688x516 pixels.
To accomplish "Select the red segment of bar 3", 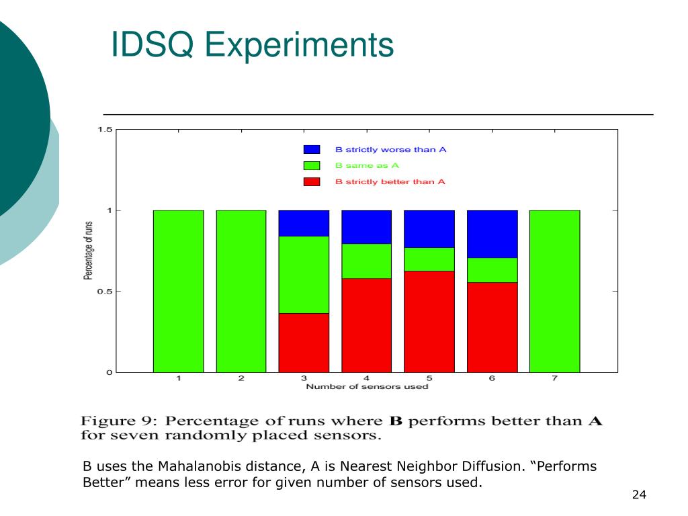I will click(304, 342).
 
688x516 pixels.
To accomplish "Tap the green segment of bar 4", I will click(366, 261).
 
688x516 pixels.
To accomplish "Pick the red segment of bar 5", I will click(429, 321).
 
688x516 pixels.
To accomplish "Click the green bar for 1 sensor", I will click(178, 291).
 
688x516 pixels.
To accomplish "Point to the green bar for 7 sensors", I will click(554, 291).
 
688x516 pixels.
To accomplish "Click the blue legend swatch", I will click(312, 149).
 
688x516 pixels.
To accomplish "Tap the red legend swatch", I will click(312, 181).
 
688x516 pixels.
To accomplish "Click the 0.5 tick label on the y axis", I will click(104, 291).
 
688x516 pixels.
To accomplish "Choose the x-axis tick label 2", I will click(241, 378).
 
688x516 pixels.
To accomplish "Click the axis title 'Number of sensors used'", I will click(367, 386).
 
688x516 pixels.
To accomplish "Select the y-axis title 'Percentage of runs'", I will click(88, 250).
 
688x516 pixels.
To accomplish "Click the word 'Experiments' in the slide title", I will click(300, 45).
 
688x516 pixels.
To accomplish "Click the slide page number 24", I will click(638, 495).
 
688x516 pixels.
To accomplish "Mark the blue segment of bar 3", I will click(304, 223).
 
